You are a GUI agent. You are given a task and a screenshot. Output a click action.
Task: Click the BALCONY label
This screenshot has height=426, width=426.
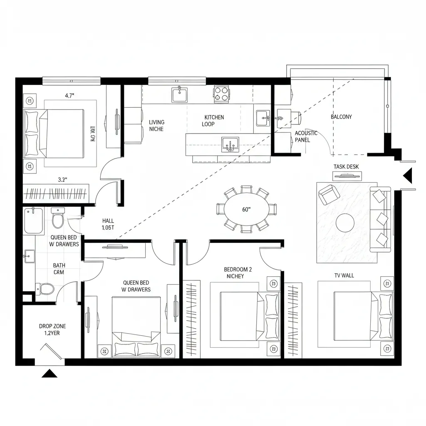pos(341,117)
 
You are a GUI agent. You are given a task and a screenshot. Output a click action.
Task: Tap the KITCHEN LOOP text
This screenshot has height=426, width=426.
pos(213,121)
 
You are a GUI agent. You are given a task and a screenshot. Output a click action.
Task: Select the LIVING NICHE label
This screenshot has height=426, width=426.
pos(156,126)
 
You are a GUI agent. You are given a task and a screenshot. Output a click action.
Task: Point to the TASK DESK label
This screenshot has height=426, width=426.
pos(346,167)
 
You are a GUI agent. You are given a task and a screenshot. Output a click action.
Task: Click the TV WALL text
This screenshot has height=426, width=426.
pos(344,275)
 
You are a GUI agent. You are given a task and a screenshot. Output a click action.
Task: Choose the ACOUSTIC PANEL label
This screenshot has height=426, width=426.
pos(306,136)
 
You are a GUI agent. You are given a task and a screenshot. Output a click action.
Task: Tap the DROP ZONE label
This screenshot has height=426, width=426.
pos(52,329)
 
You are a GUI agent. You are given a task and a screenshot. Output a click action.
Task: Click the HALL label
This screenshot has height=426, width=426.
pos(108,225)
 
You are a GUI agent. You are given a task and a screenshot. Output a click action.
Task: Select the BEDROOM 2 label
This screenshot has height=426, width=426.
pos(238,272)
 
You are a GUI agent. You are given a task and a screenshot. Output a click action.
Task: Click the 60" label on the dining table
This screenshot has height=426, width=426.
pos(247,209)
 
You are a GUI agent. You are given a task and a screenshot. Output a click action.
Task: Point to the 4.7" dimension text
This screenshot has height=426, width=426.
pos(69,96)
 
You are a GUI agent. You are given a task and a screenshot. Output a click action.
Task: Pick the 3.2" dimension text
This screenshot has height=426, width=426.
pos(62,180)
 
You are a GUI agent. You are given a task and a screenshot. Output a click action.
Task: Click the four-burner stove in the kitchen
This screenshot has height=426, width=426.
pos(221,94)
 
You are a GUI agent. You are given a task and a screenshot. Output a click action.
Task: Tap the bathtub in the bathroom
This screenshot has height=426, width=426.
pos(34,220)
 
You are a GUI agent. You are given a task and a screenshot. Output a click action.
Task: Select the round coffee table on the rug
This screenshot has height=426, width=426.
pos(345,223)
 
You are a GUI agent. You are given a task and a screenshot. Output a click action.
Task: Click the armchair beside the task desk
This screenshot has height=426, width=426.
pos(329,194)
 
